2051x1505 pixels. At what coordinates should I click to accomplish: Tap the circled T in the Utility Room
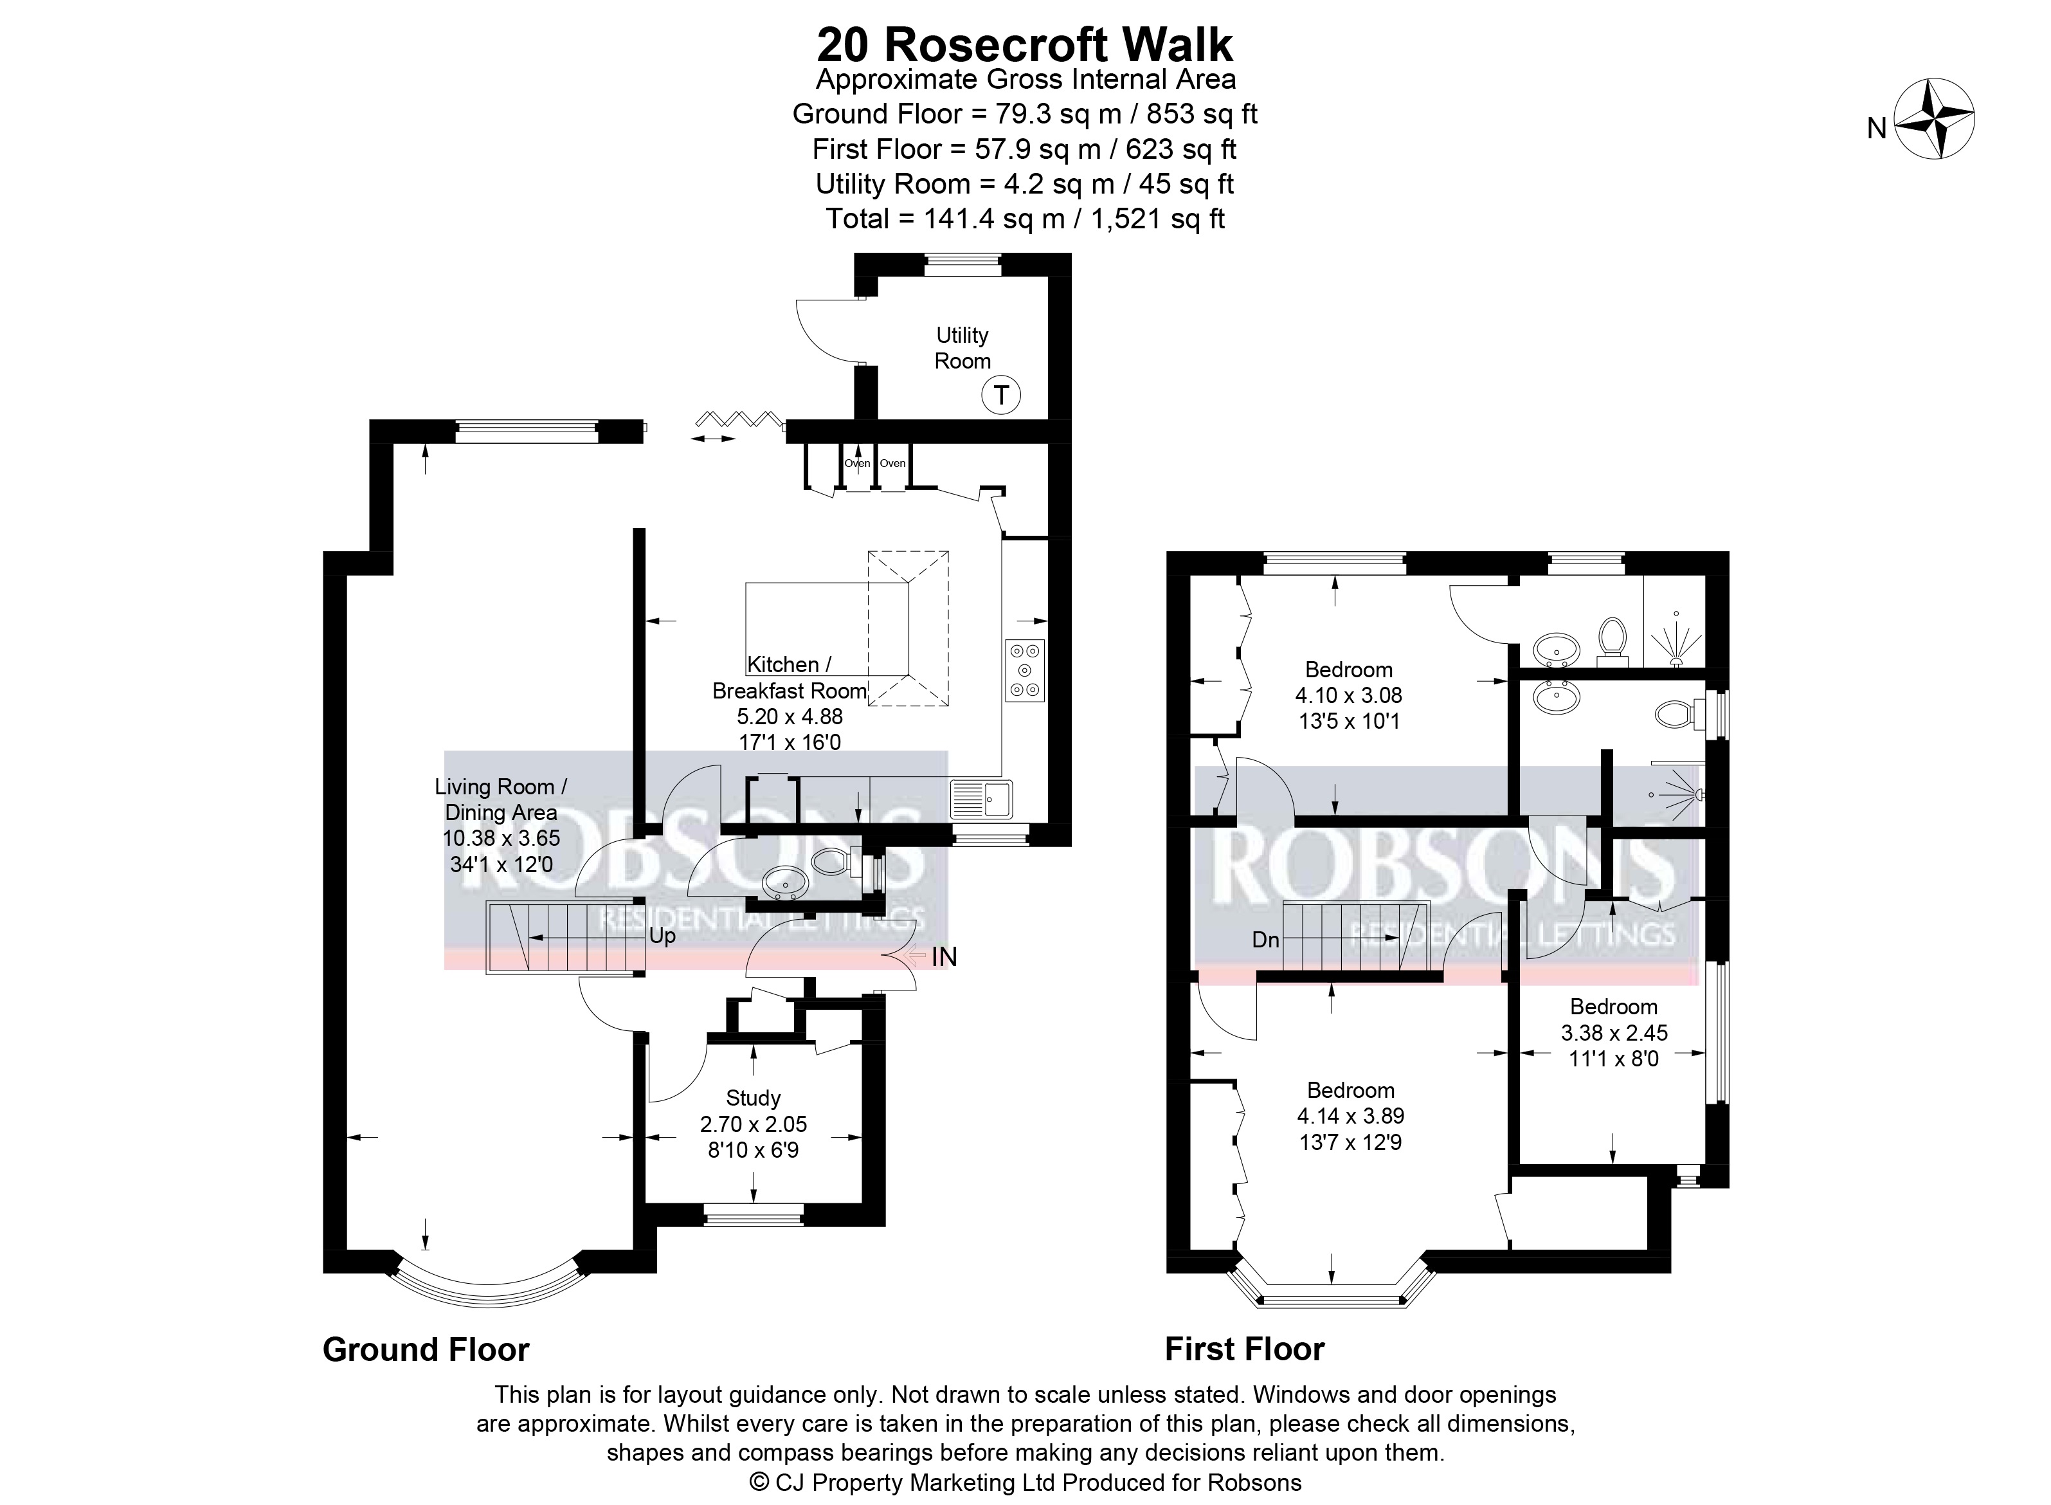tap(1001, 396)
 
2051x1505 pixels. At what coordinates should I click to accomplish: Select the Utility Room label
tap(962, 348)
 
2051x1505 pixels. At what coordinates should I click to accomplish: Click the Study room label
tap(753, 1098)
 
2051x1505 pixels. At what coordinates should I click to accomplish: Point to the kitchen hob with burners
tap(1025, 671)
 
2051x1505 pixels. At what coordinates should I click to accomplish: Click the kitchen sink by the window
tap(981, 799)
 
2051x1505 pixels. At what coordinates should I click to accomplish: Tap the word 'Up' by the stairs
tap(662, 936)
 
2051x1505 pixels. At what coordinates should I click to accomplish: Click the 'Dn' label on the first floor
tap(1266, 939)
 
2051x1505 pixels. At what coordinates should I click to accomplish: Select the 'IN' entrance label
tap(944, 956)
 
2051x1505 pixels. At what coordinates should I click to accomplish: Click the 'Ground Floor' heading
tap(426, 1349)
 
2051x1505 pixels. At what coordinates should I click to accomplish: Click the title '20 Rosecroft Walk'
tap(1025, 44)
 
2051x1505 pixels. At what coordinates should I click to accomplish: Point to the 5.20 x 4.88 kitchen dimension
tap(790, 716)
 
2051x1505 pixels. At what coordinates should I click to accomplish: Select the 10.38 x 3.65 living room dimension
tap(501, 838)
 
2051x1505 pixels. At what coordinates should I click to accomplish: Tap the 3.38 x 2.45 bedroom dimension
tap(1614, 1033)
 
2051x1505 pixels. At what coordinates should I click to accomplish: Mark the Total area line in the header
tap(1025, 219)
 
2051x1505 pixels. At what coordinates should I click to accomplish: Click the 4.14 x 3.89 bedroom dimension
tap(1351, 1116)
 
